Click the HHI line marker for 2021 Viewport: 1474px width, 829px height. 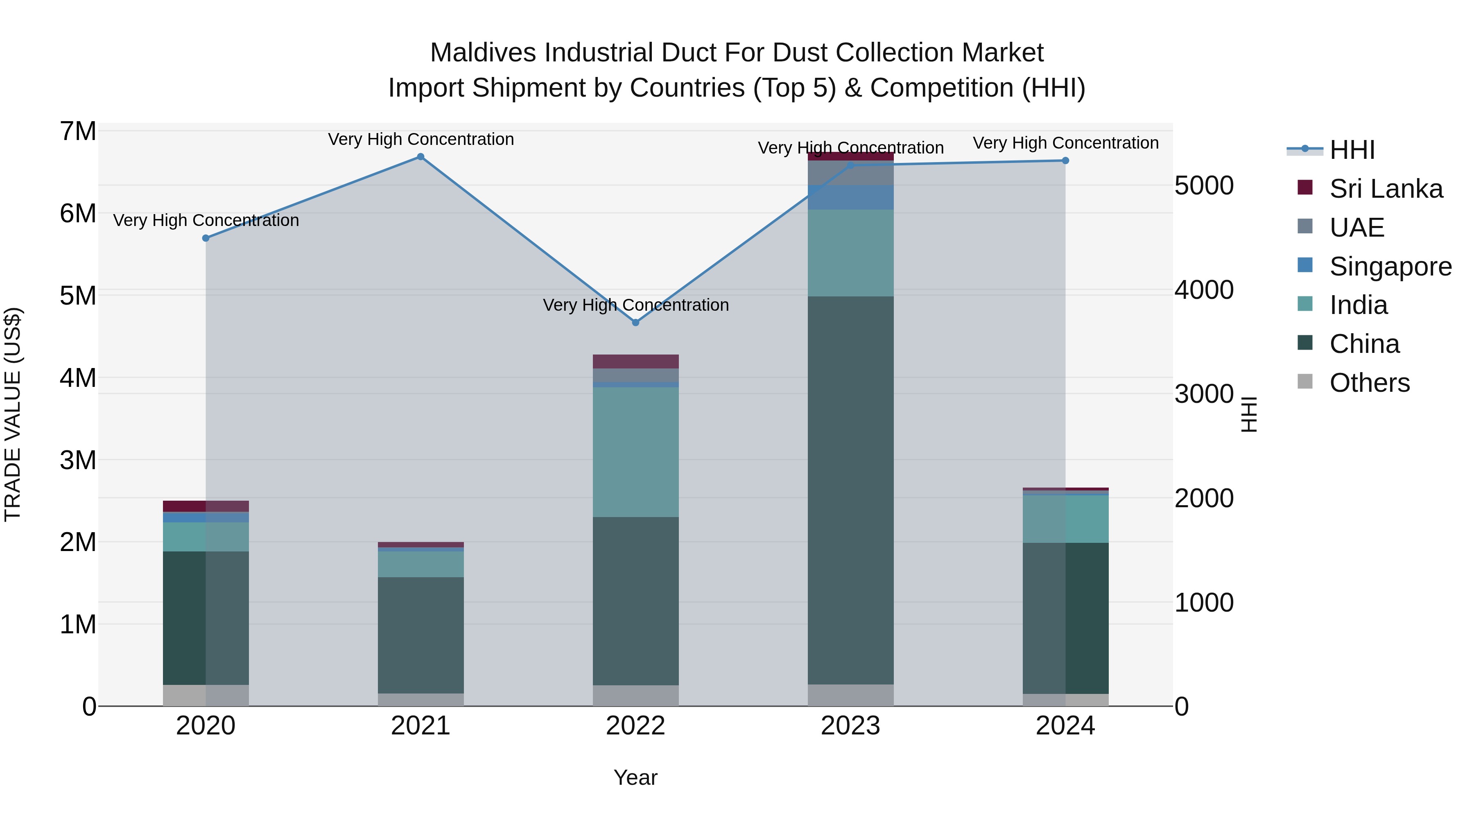click(x=420, y=157)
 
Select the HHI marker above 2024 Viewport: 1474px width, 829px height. click(x=1065, y=161)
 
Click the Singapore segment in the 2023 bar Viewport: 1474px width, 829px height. click(x=850, y=197)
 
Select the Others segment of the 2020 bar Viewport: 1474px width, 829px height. click(x=206, y=695)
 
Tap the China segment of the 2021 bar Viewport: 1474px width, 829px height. click(x=420, y=635)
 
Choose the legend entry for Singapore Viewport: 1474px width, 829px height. click(x=1390, y=267)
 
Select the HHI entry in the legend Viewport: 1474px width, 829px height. click(x=1352, y=150)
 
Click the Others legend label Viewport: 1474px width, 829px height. click(x=1369, y=383)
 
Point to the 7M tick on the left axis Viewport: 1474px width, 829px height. click(x=78, y=131)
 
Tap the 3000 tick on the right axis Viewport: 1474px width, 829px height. click(x=1204, y=394)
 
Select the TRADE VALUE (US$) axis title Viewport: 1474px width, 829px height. click(x=13, y=414)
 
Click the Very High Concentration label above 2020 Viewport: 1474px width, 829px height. click(x=206, y=220)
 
